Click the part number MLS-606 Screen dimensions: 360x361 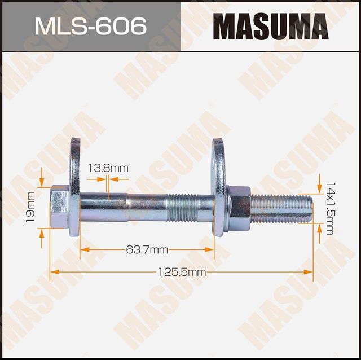[x=90, y=26]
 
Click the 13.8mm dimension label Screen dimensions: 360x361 [x=108, y=168]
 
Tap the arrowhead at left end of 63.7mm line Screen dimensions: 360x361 [x=83, y=249]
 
